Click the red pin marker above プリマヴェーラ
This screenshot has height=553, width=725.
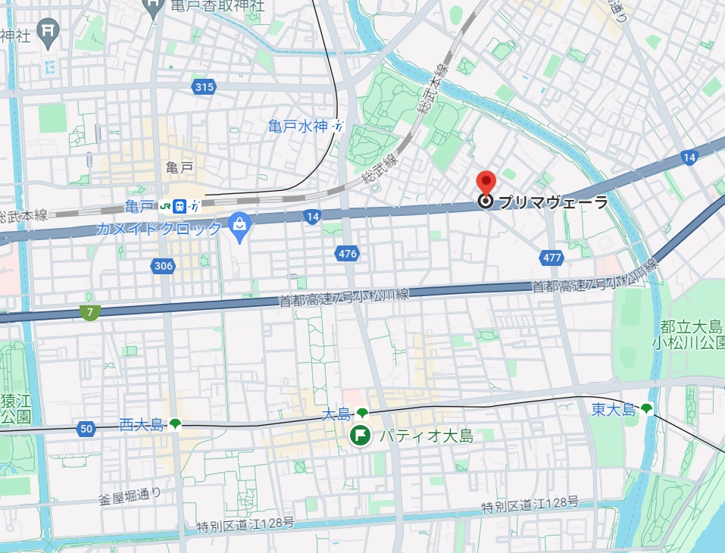485,182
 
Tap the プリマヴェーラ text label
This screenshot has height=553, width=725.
553,202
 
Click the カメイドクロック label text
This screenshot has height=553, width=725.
160,228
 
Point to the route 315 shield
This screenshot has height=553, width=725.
204,87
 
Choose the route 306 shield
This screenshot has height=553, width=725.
162,265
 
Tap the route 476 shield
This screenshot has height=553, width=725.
348,254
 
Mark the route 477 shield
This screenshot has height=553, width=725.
552,258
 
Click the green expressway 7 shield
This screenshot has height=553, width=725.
90,312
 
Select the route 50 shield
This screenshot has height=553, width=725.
86,430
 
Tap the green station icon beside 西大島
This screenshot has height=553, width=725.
176,424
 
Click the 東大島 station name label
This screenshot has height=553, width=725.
614,410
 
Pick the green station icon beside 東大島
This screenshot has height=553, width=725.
646,409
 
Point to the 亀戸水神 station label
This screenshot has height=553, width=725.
298,127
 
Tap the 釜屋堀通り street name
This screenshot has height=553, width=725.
130,496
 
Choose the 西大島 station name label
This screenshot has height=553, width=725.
142,425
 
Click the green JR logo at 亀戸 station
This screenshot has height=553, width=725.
164,205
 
